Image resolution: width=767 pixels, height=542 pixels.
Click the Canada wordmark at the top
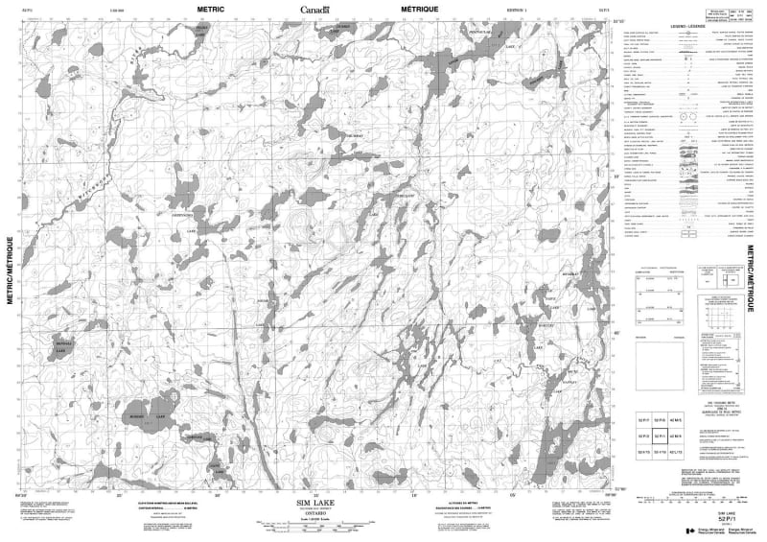point(314,9)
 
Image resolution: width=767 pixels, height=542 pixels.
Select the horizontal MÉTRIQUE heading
point(420,8)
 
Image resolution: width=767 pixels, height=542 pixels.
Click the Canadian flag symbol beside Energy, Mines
point(692,531)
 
